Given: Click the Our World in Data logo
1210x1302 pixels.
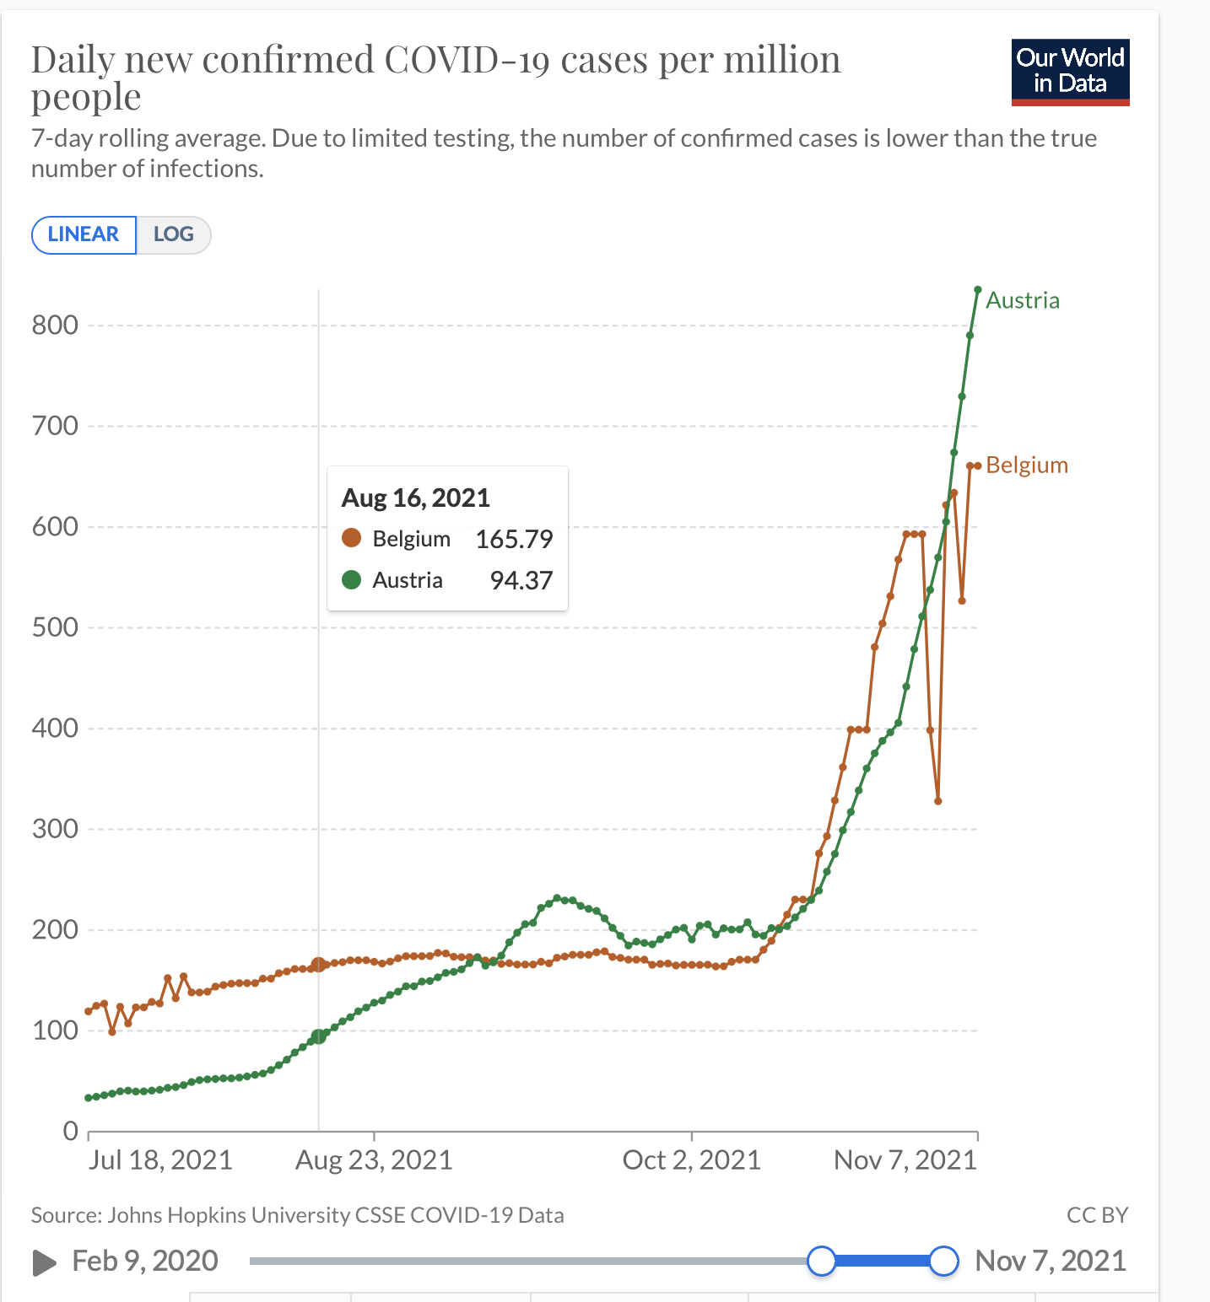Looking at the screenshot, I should [1070, 72].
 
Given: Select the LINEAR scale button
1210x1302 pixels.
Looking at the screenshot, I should [84, 234].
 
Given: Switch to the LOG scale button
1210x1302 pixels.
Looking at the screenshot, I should [173, 234].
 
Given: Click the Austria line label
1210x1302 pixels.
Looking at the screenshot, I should [1022, 300].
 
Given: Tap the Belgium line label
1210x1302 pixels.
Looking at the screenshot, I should [1026, 465].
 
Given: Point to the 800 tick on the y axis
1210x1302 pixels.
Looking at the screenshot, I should [55, 325].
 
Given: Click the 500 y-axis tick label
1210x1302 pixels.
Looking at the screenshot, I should [55, 627].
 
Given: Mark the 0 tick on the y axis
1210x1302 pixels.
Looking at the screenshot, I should [71, 1131].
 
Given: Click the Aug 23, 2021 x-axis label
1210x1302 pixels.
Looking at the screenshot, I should [374, 1160].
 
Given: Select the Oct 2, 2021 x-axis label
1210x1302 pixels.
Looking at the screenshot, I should [691, 1160].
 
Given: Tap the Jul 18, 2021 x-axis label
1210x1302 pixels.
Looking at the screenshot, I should [160, 1160].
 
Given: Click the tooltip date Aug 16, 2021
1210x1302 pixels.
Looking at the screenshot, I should [415, 498].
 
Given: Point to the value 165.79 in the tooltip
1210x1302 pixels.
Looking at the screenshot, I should [514, 539].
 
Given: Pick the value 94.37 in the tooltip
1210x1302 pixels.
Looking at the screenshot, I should [521, 580].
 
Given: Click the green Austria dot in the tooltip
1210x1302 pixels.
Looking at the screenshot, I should [351, 579].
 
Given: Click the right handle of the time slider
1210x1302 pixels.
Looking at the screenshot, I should [943, 1261].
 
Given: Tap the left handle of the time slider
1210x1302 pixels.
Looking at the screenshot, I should [821, 1261].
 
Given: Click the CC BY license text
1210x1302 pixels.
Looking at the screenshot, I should [1097, 1215].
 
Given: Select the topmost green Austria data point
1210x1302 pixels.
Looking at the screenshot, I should [978, 290].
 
